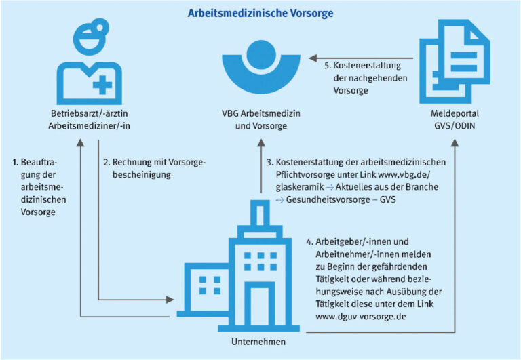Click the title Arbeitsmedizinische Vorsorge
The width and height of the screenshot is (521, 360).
click(260, 13)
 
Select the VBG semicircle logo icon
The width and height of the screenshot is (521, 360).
click(260, 68)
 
